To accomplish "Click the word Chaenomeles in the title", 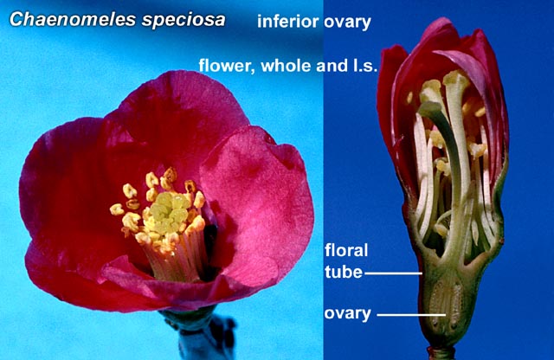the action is pos(73,19).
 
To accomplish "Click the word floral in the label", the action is pos(346,250).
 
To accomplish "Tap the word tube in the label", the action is pos(344,272).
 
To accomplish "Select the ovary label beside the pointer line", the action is pos(348,314).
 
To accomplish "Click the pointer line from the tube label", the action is pos(393,273).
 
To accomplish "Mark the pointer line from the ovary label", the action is pos(411,314).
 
